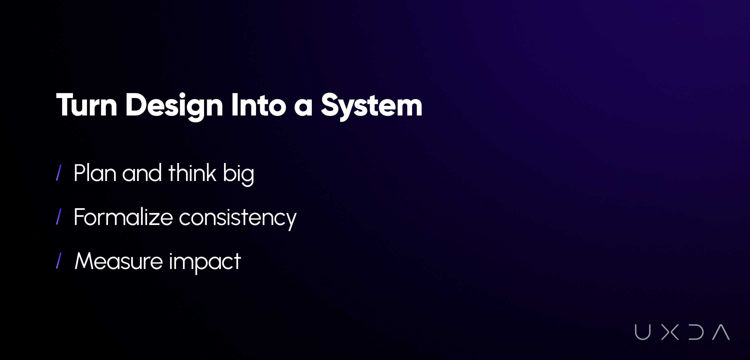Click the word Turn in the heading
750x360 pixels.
point(87,105)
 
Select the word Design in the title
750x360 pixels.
point(174,106)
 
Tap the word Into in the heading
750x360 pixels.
point(259,104)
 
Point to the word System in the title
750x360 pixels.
point(371,106)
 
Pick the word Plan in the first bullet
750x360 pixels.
point(95,173)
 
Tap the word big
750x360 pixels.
point(238,174)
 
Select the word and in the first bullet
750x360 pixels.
point(142,173)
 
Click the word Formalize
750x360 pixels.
point(123,217)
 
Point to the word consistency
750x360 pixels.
point(237,219)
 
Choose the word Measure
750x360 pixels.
point(119,261)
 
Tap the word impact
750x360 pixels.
point(205,262)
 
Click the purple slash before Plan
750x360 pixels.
point(58,173)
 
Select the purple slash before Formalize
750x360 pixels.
point(58,216)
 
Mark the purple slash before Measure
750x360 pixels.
point(58,260)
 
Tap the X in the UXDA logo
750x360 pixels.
point(670,332)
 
